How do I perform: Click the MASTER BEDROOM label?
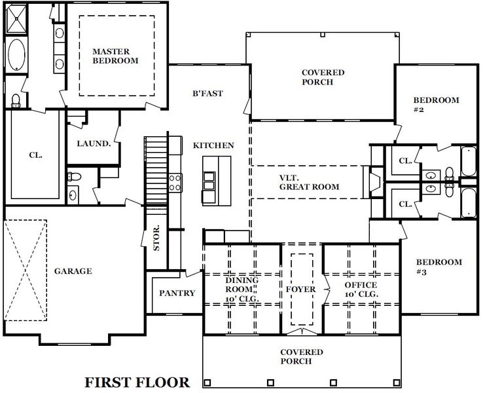click(115, 56)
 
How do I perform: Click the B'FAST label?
click(207, 94)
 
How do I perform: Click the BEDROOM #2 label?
click(435, 105)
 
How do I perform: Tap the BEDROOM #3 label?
click(438, 267)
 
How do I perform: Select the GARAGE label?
click(73, 271)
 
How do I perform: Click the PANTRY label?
click(177, 293)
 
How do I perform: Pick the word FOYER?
click(301, 289)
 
